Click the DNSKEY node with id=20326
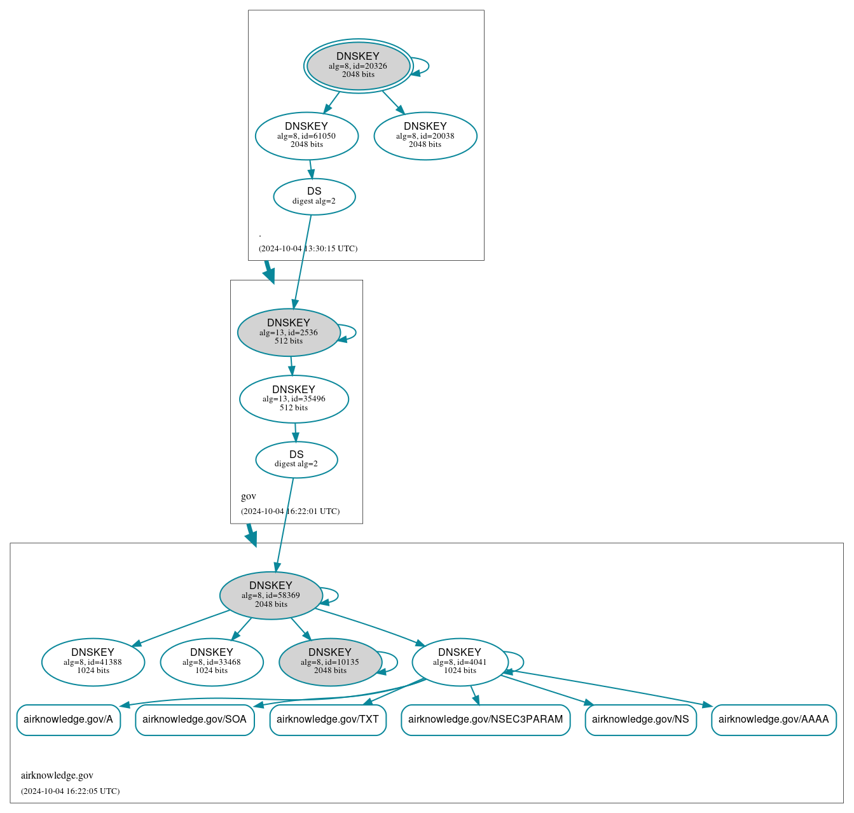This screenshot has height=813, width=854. (358, 66)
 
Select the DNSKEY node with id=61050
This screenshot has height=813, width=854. (306, 135)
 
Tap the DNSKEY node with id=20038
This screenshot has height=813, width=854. (425, 135)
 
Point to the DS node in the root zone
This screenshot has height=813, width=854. (314, 196)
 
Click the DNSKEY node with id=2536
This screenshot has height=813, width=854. (289, 332)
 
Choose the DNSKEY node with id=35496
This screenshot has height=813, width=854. (294, 399)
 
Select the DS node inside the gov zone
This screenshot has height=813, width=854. (296, 459)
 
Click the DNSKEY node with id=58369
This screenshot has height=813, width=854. (271, 595)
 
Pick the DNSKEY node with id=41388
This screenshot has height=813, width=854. (93, 662)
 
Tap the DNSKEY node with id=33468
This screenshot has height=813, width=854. (212, 662)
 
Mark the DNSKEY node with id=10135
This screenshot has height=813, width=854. (330, 662)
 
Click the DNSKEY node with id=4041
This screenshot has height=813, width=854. (460, 662)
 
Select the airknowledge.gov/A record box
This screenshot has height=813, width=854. (68, 719)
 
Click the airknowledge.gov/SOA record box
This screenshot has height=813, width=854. (195, 719)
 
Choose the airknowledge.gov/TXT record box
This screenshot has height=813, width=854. (327, 719)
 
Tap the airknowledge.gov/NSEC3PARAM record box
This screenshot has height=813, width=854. (485, 719)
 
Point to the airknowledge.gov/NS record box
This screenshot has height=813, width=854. (640, 719)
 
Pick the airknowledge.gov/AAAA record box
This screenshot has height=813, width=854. (773, 719)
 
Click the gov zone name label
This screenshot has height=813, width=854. (249, 496)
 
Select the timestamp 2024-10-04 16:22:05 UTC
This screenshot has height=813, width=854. (70, 791)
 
